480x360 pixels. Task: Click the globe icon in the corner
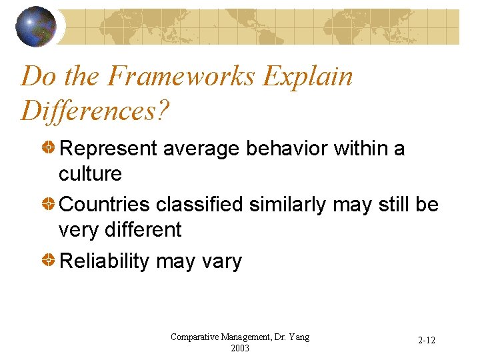tap(36, 26)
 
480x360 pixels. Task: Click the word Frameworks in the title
tap(182, 77)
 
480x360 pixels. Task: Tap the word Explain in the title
tap(307, 77)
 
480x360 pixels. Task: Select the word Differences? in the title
tap(95, 110)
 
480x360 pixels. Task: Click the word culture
tap(90, 174)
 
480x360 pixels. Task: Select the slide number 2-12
tap(427, 341)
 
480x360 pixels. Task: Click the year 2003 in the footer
tap(240, 348)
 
